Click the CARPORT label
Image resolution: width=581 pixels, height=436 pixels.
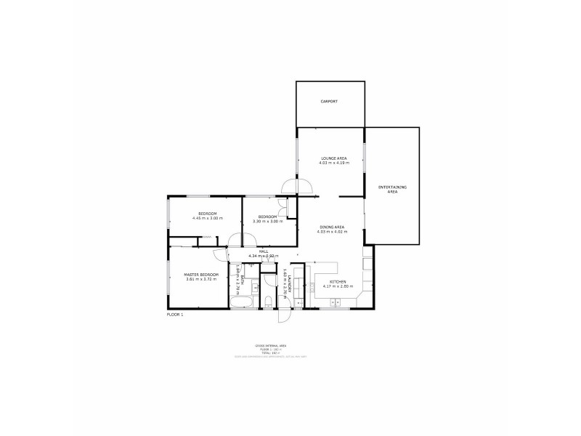tap(330, 102)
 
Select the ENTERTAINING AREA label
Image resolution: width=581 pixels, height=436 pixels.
tap(392, 190)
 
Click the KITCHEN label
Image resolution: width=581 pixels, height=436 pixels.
tap(338, 282)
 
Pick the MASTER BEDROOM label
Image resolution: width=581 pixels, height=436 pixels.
tap(200, 275)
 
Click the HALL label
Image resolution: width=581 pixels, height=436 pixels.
tap(253, 251)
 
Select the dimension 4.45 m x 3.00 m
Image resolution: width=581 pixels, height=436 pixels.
tap(207, 218)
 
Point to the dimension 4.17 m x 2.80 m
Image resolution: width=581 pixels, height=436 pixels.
tap(338, 286)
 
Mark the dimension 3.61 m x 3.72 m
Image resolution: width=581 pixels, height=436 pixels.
tap(200, 280)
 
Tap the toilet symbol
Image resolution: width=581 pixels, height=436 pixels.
tap(269, 301)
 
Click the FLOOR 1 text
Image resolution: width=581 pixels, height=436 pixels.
tap(175, 314)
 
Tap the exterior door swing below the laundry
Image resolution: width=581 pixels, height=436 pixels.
tap(283, 314)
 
